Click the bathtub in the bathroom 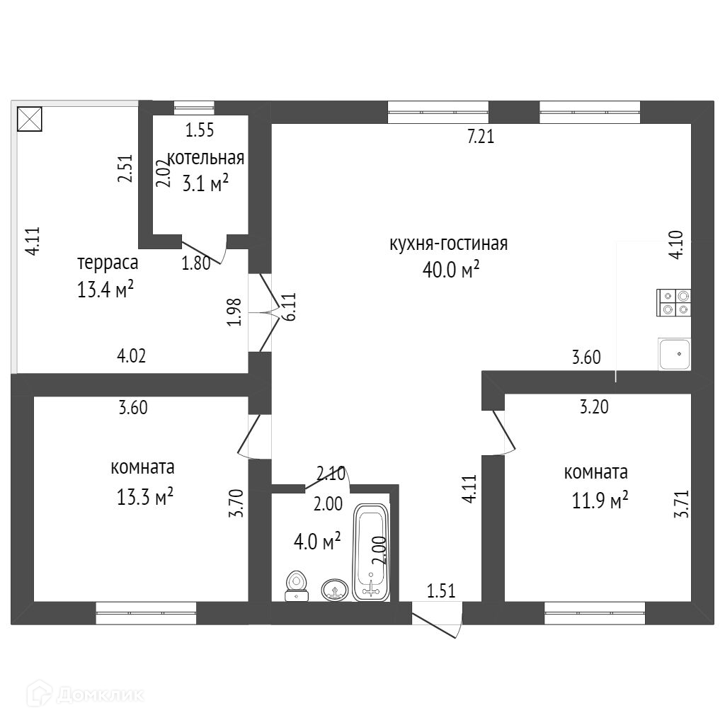click(x=371, y=552)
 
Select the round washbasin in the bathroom click(x=335, y=589)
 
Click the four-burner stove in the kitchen click(x=674, y=302)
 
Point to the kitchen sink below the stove click(x=674, y=353)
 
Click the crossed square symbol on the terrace click(x=30, y=118)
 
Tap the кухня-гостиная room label click(x=448, y=244)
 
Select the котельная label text click(x=205, y=157)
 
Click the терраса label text click(x=108, y=263)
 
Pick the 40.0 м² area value click(x=451, y=269)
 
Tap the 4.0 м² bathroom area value click(x=317, y=543)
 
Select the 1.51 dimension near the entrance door click(x=440, y=590)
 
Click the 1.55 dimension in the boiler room click(x=200, y=130)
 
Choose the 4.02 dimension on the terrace click(x=132, y=356)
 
